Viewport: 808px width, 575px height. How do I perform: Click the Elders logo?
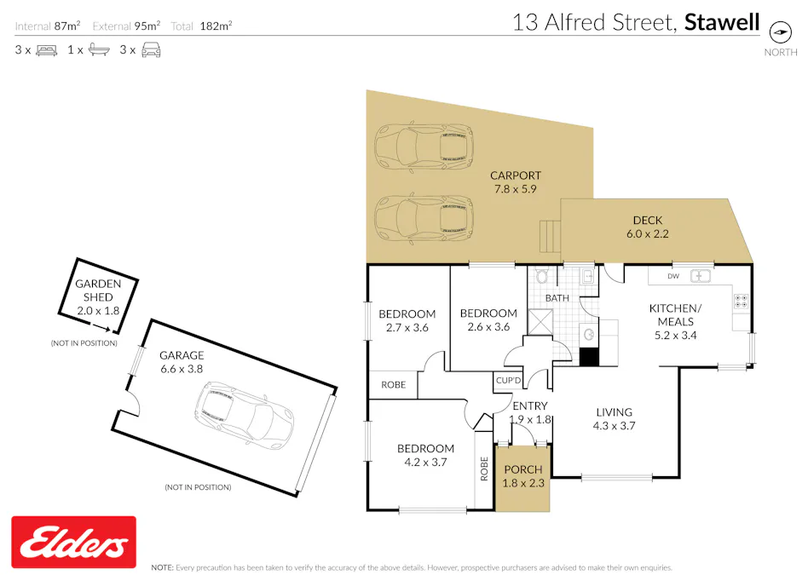pos(73,542)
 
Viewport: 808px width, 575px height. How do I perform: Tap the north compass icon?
pos(780,32)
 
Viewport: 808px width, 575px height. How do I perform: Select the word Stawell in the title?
pos(722,22)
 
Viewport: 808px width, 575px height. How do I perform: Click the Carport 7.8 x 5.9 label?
pos(515,182)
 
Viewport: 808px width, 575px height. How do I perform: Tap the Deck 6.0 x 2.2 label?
pos(648,227)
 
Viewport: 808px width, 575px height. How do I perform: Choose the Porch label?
pos(523,477)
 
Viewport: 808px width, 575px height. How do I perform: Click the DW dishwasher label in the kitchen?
pos(672,276)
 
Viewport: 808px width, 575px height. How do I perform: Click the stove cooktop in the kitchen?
pos(740,301)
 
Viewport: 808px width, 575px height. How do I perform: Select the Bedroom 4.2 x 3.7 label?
pos(425,456)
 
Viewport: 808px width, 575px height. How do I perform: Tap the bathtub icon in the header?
pos(98,49)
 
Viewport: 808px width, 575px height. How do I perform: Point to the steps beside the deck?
pos(550,234)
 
